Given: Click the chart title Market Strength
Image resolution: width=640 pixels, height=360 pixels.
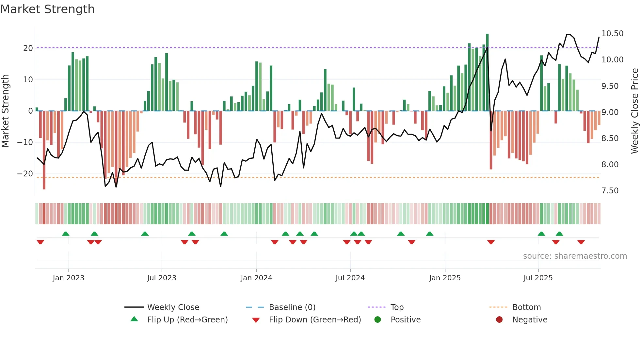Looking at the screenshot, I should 47,9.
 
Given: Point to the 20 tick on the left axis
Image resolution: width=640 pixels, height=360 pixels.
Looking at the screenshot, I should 28,48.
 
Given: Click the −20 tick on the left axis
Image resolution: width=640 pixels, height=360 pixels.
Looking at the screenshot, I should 25,174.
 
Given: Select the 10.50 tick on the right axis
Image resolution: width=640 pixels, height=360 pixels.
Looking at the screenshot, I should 612,34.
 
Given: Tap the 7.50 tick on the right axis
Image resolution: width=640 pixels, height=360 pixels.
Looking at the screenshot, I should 610,191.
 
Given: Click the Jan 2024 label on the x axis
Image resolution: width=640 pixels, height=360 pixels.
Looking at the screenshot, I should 256,278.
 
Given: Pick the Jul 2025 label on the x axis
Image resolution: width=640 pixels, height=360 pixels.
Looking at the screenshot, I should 538,278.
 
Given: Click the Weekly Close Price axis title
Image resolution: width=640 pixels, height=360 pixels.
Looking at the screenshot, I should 634,111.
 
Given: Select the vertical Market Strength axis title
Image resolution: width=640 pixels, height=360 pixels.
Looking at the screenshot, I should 5,111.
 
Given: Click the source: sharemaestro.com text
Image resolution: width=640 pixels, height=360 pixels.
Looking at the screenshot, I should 575,256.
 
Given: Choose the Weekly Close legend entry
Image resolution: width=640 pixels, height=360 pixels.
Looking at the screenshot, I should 173,307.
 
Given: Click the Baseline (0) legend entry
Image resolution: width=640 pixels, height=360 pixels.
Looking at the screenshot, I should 292,307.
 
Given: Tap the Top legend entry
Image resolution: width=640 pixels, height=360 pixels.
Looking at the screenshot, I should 397,307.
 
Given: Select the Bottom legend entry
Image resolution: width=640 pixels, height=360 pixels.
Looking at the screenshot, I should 526,307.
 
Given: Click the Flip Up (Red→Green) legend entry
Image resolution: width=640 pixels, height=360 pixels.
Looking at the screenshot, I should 187,320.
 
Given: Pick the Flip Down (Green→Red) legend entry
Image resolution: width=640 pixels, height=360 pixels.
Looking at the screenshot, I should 315,320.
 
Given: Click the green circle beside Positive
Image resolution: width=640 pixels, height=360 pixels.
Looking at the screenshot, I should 378,320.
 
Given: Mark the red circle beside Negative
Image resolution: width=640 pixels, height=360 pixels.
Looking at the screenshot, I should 499,320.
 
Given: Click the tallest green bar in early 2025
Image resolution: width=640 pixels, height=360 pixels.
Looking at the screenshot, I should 487,72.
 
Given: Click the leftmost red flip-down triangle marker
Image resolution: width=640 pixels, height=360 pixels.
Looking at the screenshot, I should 40,242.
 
